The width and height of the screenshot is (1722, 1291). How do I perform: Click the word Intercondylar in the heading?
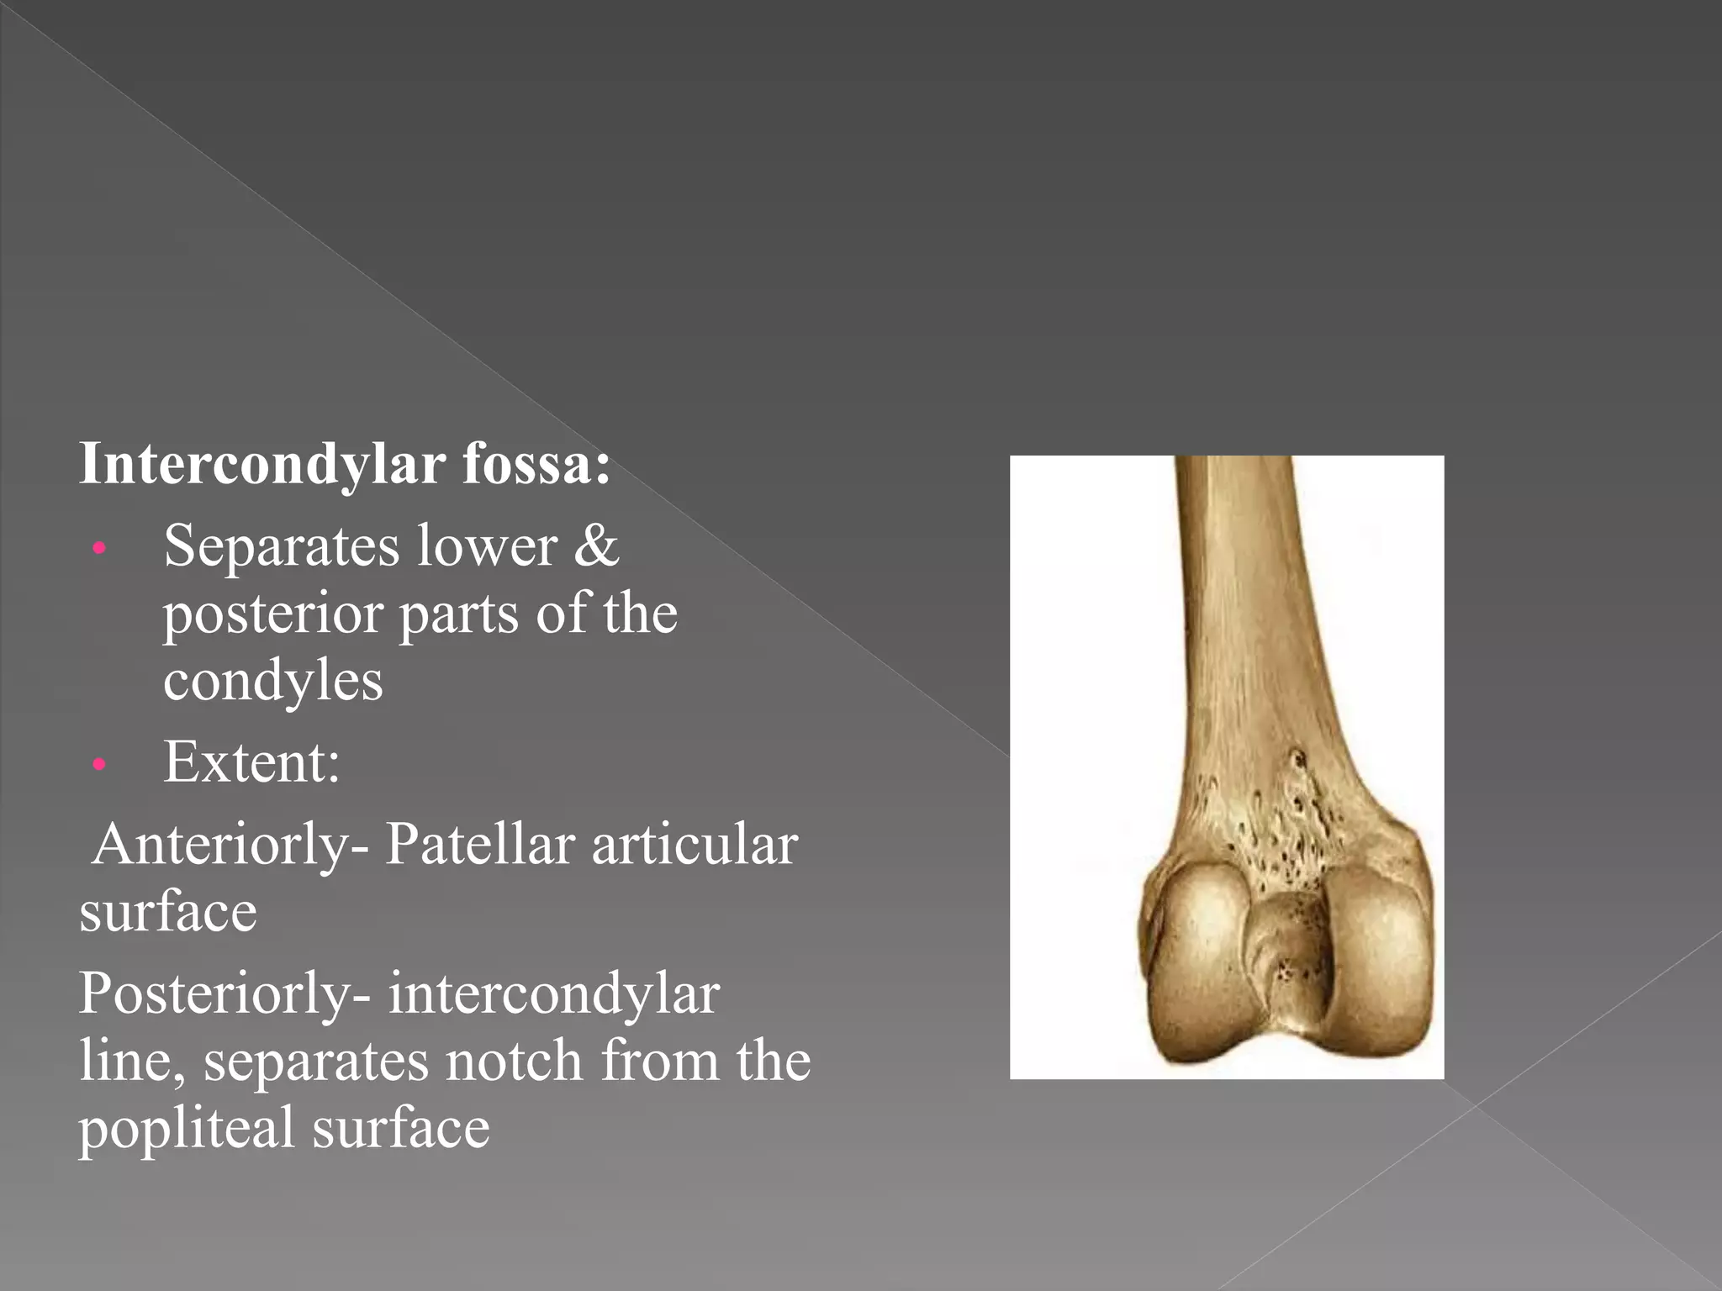261,465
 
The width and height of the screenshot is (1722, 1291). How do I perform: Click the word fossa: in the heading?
536,465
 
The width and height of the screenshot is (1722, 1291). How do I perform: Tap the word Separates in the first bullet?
281,547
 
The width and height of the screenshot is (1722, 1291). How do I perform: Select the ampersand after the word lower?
596,547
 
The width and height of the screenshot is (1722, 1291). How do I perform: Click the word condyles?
272,680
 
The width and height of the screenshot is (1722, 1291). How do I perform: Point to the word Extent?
251,762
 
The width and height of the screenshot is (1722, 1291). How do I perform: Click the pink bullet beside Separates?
99,549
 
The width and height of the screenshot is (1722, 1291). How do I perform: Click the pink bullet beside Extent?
99,764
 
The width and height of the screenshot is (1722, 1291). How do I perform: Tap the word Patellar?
480,845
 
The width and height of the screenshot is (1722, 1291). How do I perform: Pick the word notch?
513,1061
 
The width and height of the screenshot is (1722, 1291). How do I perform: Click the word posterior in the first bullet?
272,614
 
